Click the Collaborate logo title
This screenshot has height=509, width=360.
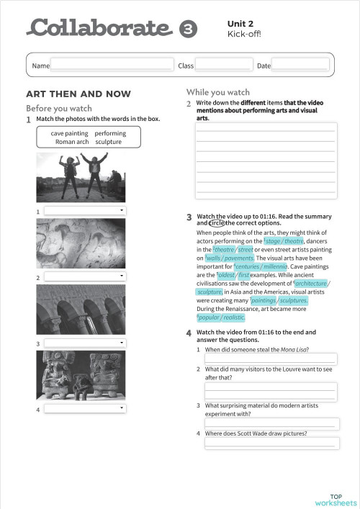click(101, 28)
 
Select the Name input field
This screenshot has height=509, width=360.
click(112, 65)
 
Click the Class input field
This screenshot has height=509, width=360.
click(224, 65)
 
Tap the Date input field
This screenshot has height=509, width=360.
click(300, 65)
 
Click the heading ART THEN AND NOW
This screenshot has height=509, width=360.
click(78, 94)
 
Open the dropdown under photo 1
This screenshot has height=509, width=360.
click(85, 211)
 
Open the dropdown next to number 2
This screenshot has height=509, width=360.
click(85, 276)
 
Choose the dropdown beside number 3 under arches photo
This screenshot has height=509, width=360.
click(85, 343)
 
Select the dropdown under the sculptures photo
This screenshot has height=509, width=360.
click(85, 409)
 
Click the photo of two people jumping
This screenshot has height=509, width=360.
click(81, 177)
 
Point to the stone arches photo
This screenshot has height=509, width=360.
click(81, 310)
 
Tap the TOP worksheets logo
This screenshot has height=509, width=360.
click(342, 500)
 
